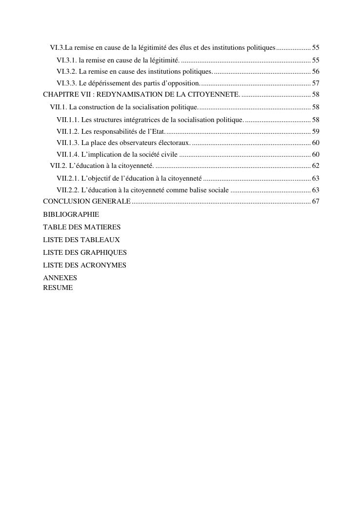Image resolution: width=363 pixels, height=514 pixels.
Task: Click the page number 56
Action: pos(316,72)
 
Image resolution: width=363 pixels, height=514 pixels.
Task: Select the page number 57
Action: pos(316,83)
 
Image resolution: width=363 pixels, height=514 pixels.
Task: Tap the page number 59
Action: pos(316,131)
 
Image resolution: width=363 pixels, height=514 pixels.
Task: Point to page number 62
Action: pos(316,166)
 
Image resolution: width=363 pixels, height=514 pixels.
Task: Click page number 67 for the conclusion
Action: pos(316,202)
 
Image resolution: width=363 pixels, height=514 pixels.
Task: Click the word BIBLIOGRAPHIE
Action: pos(71,214)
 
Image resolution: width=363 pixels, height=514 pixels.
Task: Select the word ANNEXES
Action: pos(60,278)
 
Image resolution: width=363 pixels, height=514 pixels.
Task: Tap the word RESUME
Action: pos(58,288)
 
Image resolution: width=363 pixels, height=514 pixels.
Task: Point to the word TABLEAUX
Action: pos(101,240)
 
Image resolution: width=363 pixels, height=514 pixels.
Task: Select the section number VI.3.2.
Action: pos(67,72)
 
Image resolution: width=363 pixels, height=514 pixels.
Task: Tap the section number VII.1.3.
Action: pos(68,143)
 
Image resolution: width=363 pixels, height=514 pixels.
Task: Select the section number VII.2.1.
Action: pos(68,178)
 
